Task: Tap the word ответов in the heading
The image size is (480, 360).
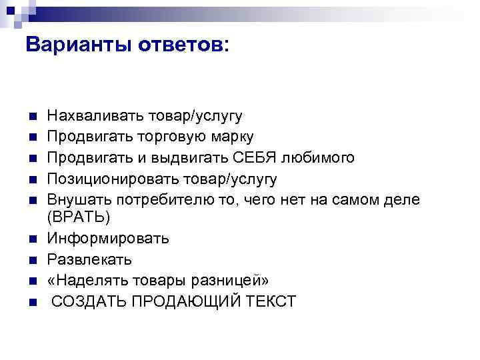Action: (181, 45)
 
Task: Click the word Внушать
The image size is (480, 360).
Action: (79, 199)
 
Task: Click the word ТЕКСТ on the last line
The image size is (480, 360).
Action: (273, 301)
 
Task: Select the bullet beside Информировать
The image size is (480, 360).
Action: (31, 239)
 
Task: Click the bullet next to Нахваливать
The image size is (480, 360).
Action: (31, 117)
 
